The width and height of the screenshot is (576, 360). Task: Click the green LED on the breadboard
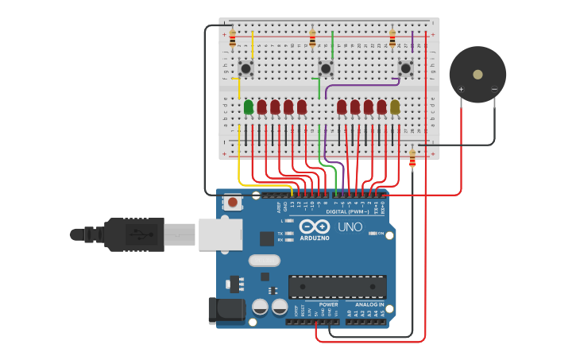pos(249,106)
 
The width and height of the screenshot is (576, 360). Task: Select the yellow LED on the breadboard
pos(395,106)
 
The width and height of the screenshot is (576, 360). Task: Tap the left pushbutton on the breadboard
pos(245,69)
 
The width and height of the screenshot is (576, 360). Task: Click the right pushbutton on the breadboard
pos(406,69)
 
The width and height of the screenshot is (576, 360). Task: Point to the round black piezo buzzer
pos(477,75)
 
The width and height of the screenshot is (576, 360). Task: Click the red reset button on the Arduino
pos(232,203)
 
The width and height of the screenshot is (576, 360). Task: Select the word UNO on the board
pos(350,227)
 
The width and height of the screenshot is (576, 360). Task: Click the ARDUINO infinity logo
pos(315,226)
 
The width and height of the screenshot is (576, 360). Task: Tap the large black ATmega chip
pos(338,287)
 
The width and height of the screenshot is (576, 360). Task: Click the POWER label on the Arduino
pos(328,304)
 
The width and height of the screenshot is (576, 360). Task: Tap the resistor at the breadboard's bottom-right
pos(412,159)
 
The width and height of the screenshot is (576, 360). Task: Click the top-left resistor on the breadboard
pos(233,38)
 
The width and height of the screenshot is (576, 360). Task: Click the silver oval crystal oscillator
pos(265,260)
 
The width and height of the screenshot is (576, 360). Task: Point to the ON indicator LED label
pos(381,234)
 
